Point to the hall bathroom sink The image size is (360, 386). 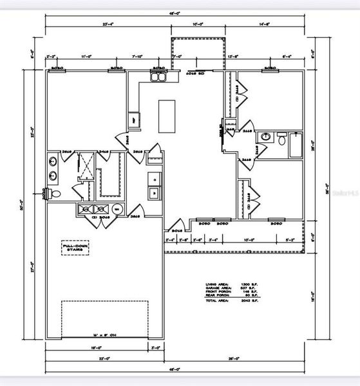pyautogui.click(x=265, y=137)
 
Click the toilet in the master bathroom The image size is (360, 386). pyautogui.click(x=55, y=193)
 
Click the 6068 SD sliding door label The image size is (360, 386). pyautogui.click(x=194, y=72)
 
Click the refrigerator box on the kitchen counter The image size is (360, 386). pyautogui.click(x=135, y=119)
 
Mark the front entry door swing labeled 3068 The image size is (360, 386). pyautogui.click(x=176, y=228)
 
